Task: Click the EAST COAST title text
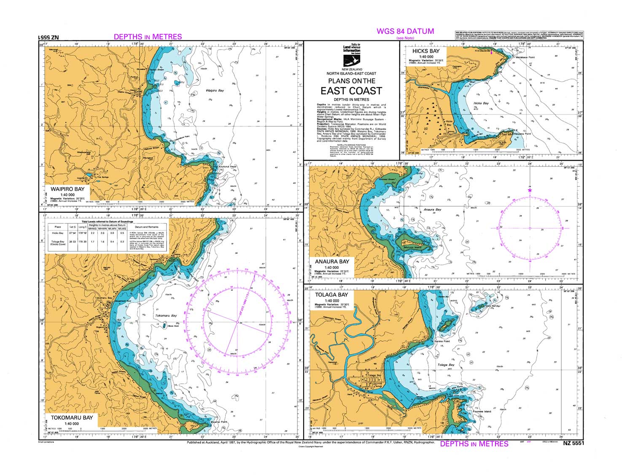[x=351, y=91]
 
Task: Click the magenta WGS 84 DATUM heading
[x=405, y=31]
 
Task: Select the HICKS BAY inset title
[x=426, y=51]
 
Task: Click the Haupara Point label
[x=522, y=134]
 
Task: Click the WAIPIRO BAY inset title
[x=67, y=189]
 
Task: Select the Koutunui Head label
[x=228, y=167]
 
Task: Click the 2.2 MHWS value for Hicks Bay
[x=92, y=233]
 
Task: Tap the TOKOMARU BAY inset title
[x=72, y=418]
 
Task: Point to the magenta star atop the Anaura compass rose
[x=530, y=191]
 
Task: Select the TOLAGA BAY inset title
[x=331, y=295]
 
